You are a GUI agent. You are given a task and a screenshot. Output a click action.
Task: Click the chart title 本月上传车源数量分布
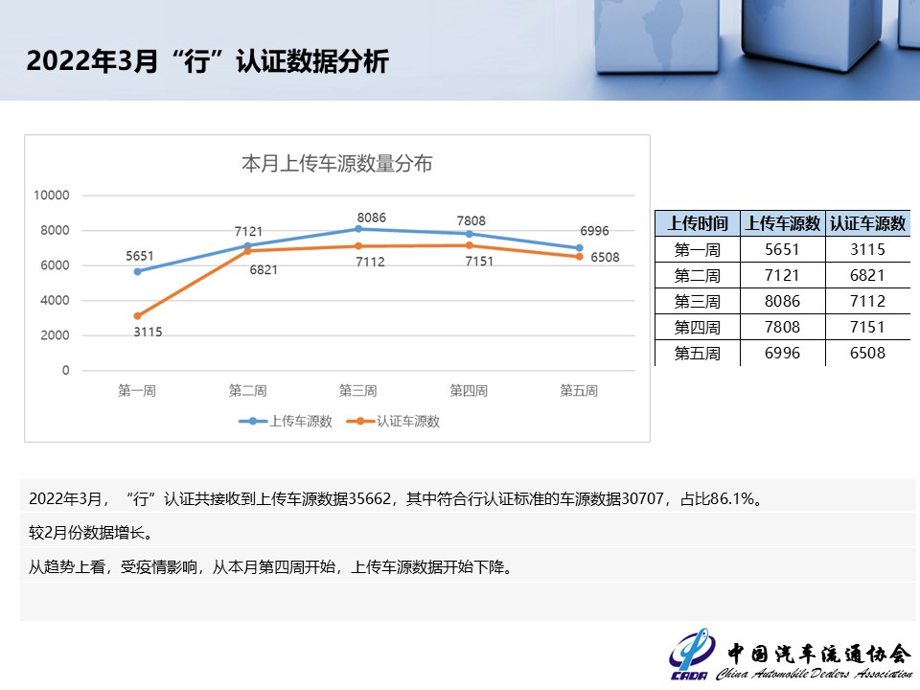[x=336, y=163]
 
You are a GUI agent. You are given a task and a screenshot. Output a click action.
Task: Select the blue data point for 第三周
[x=358, y=229]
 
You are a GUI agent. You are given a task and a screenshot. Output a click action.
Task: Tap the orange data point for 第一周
[x=137, y=315]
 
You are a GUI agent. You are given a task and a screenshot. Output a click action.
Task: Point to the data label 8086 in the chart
[x=372, y=218]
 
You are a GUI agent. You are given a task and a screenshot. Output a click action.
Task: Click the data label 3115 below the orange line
[x=148, y=333]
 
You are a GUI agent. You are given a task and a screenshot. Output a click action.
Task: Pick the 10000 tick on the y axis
[x=52, y=195]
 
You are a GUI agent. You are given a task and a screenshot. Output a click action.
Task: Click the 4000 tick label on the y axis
[x=56, y=300]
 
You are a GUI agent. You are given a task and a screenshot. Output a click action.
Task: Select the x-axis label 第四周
[x=469, y=391]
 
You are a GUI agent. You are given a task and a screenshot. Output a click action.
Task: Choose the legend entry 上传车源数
[x=286, y=422]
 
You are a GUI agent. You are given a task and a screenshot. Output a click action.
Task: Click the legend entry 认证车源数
[x=393, y=422]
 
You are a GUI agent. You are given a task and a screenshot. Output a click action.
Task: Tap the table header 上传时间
[x=698, y=223]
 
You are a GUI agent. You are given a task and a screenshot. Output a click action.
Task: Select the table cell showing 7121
[x=782, y=275]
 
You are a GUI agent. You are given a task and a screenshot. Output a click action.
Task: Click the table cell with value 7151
[x=867, y=327]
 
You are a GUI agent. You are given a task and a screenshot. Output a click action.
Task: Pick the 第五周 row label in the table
[x=697, y=354]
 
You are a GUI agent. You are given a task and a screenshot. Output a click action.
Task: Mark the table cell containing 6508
[x=867, y=353]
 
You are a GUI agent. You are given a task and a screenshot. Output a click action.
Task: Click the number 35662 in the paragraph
[x=370, y=498]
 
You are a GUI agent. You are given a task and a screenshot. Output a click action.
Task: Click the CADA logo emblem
[x=691, y=654]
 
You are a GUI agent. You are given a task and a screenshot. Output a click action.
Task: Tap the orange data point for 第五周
[x=580, y=257]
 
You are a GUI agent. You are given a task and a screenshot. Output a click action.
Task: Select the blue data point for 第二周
[x=247, y=246]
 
